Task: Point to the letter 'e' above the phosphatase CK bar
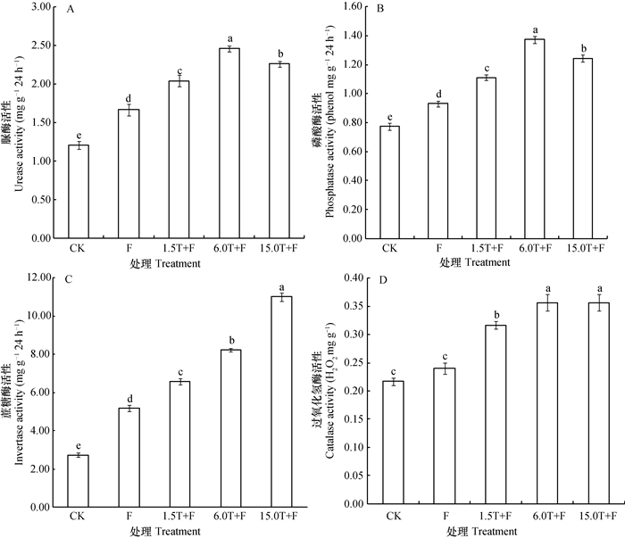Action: click(x=388, y=117)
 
